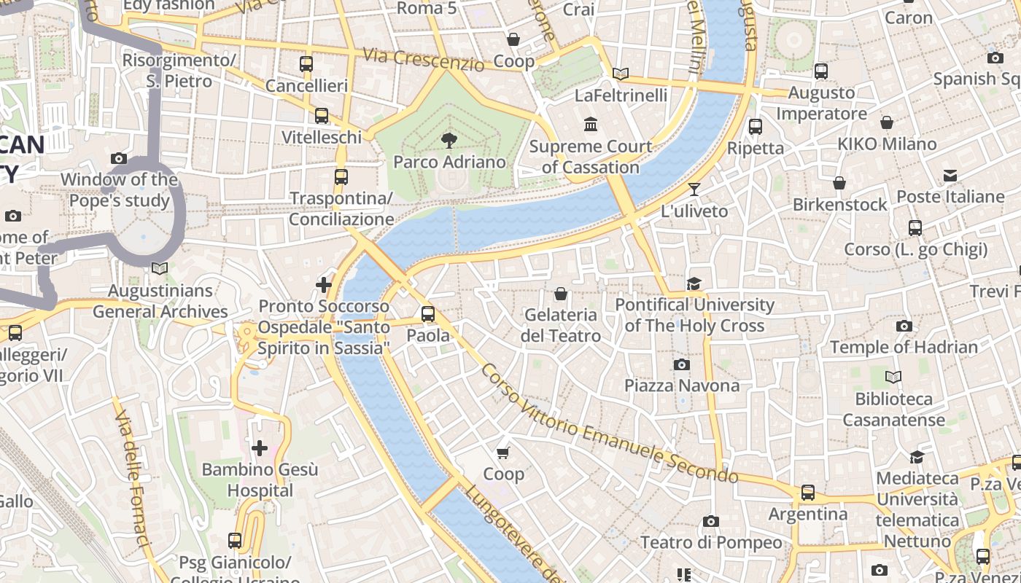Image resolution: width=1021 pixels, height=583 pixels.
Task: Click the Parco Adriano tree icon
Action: [x=449, y=140]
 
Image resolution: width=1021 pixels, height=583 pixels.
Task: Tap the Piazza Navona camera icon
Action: [x=682, y=364]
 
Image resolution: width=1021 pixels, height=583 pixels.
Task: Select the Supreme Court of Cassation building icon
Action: [x=591, y=125]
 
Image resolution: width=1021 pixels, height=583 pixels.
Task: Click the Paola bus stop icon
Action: [x=428, y=314]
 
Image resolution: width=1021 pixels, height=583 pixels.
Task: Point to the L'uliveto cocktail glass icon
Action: [x=694, y=189]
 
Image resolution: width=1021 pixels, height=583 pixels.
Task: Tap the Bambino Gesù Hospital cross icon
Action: [x=260, y=447]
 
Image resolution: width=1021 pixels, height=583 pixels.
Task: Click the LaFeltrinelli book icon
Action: [x=621, y=74]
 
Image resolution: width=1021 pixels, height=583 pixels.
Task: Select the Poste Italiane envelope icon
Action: [x=950, y=176]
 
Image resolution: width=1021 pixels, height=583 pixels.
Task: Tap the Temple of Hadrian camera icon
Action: [x=904, y=326]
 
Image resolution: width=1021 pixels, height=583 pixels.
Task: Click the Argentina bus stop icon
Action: [x=807, y=493]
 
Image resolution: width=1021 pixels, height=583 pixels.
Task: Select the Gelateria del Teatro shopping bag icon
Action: [x=561, y=294]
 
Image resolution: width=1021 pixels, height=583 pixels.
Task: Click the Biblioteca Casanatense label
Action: [x=893, y=410]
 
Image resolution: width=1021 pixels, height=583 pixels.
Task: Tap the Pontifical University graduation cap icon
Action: [x=694, y=283]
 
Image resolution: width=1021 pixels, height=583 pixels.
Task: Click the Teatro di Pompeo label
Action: [x=710, y=543]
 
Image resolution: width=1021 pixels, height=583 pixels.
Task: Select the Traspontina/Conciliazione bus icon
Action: [x=341, y=176]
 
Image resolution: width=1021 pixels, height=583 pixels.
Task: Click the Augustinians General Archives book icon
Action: [x=160, y=269]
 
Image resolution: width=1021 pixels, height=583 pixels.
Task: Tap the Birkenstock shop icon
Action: [x=839, y=183]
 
